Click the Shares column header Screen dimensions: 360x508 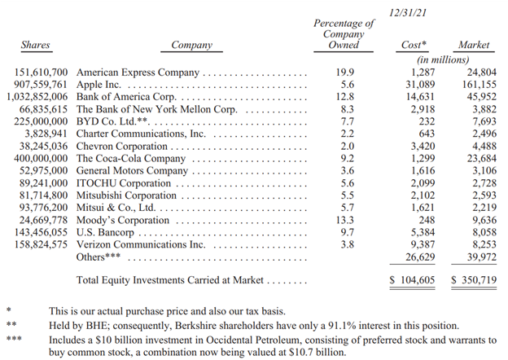[x=34, y=46]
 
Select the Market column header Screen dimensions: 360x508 [x=474, y=46]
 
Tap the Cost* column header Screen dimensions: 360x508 [x=415, y=46]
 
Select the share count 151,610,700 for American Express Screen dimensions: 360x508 [x=41, y=72]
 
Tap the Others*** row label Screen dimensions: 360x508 [x=99, y=257]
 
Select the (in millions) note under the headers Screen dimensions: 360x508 [x=443, y=59]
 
